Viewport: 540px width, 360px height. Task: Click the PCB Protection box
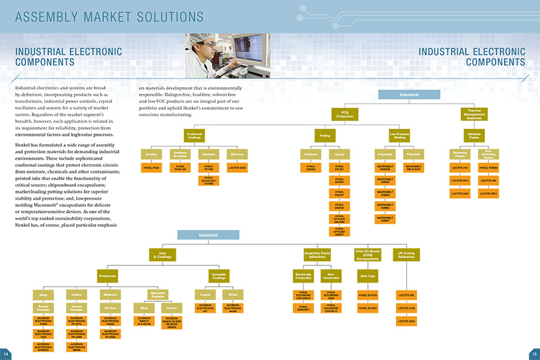pos(345,114)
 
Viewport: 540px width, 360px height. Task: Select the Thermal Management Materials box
pos(474,114)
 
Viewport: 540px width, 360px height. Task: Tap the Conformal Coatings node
pos(195,136)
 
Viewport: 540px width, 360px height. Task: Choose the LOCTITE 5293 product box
pos(237,167)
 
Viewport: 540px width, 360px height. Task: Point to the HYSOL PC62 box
pos(152,167)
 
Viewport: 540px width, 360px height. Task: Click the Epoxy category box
pos(339,155)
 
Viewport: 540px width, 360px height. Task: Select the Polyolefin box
pos(413,155)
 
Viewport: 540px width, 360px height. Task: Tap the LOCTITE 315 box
pos(461,167)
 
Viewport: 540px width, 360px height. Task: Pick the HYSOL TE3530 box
pos(488,167)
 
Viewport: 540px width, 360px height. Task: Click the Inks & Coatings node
pos(162,255)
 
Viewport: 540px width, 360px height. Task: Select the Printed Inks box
pos(108,276)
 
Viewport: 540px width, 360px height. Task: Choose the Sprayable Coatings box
pos(219,276)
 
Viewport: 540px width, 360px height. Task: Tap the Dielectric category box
pos(110,295)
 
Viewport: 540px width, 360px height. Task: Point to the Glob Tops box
pos(367,276)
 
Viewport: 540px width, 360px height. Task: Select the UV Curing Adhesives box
pos(407,255)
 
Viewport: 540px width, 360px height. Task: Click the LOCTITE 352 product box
pos(407,295)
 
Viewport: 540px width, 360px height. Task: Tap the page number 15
pos(534,354)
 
